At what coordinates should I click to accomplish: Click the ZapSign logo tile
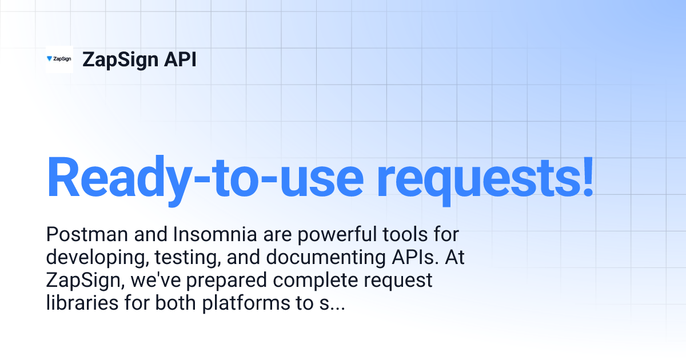point(59,59)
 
